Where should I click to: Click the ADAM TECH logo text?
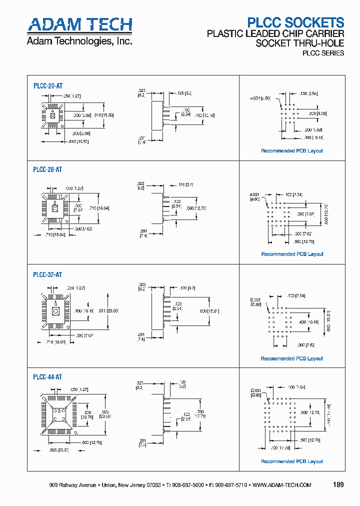tap(79, 24)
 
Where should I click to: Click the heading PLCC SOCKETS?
tap(296, 22)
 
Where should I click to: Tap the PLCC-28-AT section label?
tap(47, 169)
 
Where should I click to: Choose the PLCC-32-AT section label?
tap(47, 274)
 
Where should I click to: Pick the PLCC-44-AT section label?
tap(47, 377)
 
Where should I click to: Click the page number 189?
tap(338, 485)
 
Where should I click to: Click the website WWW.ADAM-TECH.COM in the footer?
tap(281, 485)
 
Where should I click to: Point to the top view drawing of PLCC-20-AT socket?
tap(52, 116)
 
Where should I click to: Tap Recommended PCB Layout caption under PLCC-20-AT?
tap(292, 150)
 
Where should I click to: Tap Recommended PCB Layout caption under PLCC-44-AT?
tap(292, 461)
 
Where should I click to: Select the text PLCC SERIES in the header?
tap(322, 53)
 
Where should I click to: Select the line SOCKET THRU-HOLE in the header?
tap(299, 43)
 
